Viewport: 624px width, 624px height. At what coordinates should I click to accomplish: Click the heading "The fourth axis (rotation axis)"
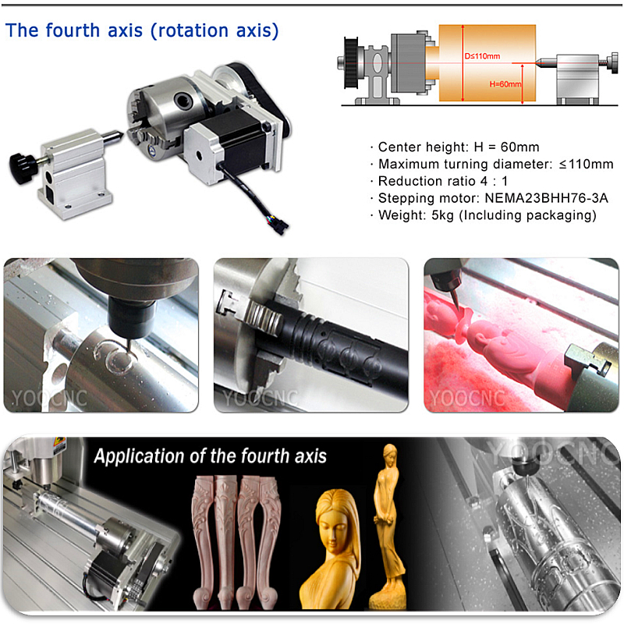pos(142,30)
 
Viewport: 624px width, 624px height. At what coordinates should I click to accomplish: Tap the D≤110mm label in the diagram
pos(482,56)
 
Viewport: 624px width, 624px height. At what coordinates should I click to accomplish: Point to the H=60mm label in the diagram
pos(505,84)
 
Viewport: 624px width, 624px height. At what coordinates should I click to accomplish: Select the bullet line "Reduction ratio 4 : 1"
pos(443,181)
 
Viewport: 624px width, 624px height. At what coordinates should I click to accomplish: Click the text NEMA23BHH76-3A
pos(547,198)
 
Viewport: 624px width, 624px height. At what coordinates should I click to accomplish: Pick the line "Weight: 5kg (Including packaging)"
pos(487,215)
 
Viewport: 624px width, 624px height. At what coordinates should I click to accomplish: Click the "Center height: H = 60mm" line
pos(459,147)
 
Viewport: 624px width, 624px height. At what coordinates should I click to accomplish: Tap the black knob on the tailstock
pos(22,167)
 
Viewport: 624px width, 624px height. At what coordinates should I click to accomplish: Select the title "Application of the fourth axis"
pos(210,456)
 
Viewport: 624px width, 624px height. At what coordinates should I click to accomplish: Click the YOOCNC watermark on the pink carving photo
pos(467,399)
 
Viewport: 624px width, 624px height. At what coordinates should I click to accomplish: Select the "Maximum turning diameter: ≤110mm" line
pos(496,164)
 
